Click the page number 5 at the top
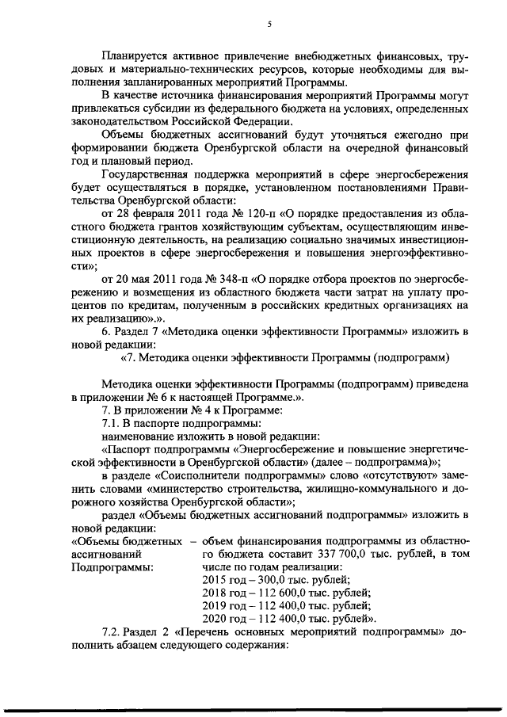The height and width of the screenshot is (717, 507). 269,25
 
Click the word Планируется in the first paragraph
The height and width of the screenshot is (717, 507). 137,58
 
